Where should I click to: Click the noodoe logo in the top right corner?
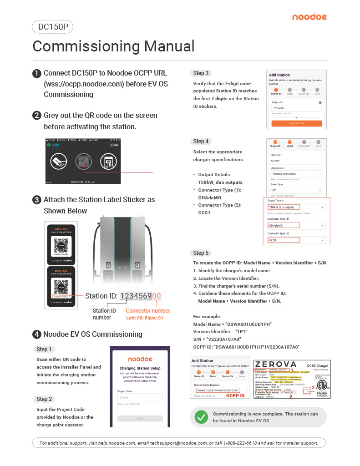[309, 17]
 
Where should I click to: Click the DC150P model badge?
[53, 27]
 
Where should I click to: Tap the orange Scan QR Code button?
[296, 123]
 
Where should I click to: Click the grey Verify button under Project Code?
[140, 419]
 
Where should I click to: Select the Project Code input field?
[140, 398]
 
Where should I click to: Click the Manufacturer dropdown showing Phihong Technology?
[296, 174]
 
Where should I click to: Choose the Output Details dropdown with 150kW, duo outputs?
[296, 207]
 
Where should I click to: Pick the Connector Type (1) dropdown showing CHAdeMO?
[296, 225]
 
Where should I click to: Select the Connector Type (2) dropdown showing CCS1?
[296, 240]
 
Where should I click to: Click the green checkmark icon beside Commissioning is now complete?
[201, 417]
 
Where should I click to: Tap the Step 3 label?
[201, 73]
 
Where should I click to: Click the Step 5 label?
[201, 253]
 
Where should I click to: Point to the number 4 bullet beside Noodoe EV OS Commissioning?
[37, 334]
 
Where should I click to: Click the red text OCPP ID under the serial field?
[236, 396]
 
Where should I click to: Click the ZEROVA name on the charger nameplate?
[276, 365]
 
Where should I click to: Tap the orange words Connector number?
[148, 311]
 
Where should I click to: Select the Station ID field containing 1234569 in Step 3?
[296, 108]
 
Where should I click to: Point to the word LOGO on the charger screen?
[114, 145]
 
